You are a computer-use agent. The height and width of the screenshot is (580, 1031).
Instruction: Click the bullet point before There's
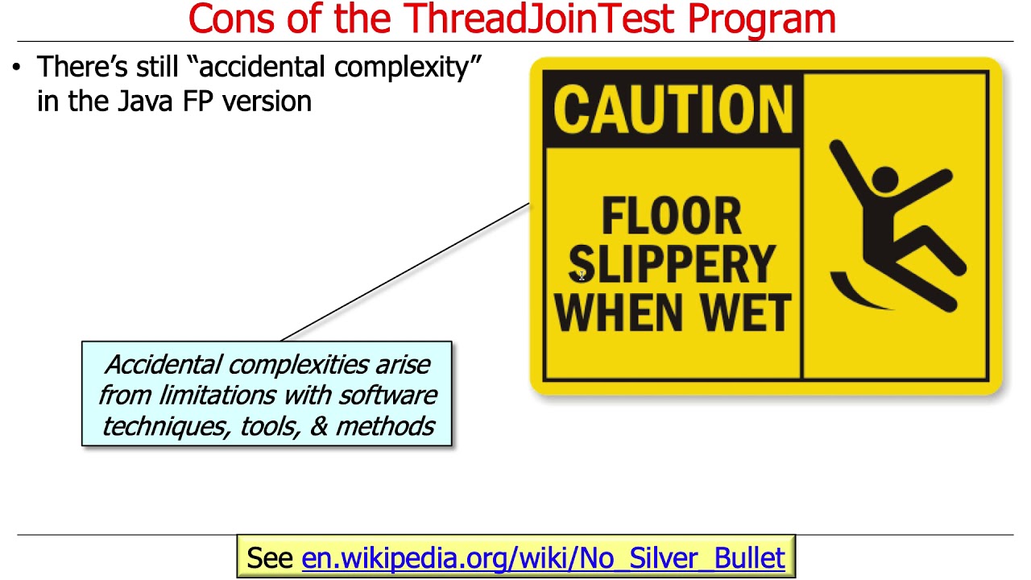tap(17, 68)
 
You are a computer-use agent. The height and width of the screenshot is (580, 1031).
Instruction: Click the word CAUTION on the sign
tap(673, 110)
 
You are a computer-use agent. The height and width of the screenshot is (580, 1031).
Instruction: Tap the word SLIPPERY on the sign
tap(672, 264)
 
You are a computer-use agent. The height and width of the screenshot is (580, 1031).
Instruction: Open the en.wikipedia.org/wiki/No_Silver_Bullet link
tap(543, 557)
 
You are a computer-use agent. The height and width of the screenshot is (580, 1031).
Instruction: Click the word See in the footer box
tap(270, 557)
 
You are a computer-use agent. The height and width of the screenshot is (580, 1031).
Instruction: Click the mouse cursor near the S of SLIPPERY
tap(582, 276)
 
